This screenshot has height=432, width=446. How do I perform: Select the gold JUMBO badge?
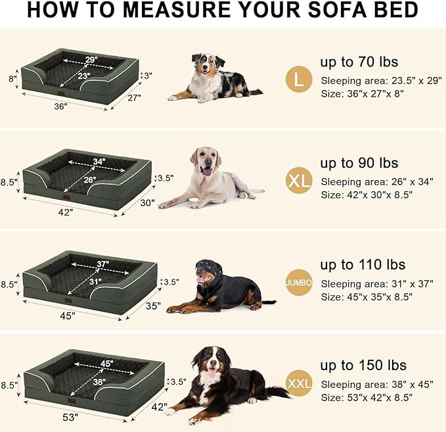coord(299,282)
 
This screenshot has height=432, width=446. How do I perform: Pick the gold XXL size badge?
coord(299,382)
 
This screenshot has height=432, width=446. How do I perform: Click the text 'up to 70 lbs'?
coord(359,62)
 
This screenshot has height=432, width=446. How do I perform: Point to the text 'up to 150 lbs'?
coord(363,365)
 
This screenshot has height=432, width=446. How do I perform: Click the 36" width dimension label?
coord(61,106)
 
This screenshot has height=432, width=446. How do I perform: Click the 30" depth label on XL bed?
coord(147,203)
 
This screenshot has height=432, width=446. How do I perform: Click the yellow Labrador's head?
coord(204,161)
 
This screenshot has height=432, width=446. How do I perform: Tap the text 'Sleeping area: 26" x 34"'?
coord(376,181)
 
